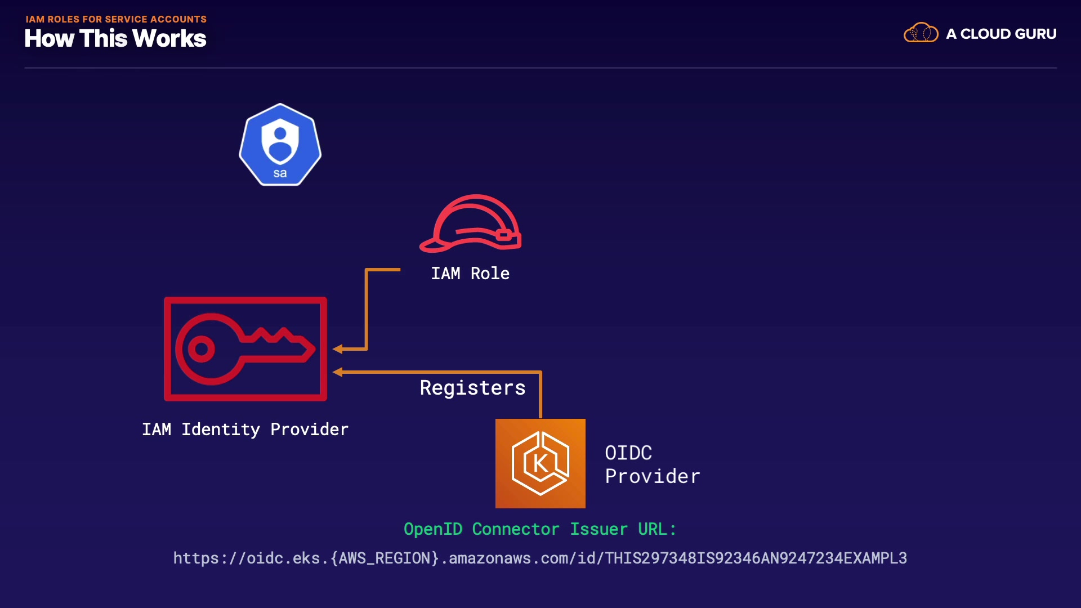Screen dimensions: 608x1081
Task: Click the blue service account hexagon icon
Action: [280, 144]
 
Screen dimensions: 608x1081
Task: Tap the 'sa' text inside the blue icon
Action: [280, 173]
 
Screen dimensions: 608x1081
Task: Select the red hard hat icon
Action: [471, 223]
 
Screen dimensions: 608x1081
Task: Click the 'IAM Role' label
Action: [470, 274]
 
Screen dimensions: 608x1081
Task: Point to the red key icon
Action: [245, 349]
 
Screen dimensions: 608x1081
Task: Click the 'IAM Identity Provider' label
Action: [245, 430]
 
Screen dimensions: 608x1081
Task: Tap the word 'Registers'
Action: [472, 388]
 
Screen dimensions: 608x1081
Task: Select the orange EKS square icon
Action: [540, 463]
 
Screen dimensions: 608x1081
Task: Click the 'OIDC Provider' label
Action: [652, 464]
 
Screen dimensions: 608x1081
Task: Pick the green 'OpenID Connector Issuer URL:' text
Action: [540, 529]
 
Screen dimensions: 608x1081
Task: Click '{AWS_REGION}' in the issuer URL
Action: [385, 558]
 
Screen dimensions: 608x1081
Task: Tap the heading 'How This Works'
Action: [115, 39]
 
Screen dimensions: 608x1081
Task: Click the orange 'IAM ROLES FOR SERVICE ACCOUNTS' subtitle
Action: [116, 19]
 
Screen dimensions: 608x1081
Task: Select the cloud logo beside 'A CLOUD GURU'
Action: [921, 33]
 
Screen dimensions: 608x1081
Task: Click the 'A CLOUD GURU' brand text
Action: [1001, 34]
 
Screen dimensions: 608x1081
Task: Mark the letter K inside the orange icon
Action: [540, 463]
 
